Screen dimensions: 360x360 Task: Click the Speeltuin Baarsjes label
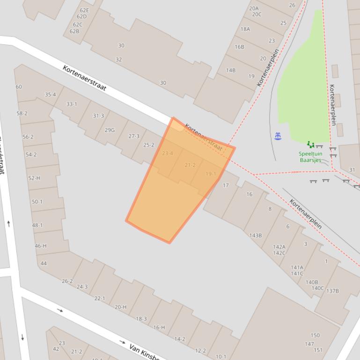pyautogui.click(x=310, y=157)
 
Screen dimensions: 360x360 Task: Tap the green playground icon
pyautogui.click(x=310, y=145)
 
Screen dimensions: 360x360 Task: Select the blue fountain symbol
pyautogui.click(x=278, y=136)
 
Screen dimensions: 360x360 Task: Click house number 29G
pyautogui.click(x=110, y=130)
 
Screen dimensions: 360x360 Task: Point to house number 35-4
pyautogui.click(x=50, y=94)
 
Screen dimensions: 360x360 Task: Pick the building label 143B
pyautogui.click(x=256, y=235)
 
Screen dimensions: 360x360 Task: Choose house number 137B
pyautogui.click(x=332, y=291)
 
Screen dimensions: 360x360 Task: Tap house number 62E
pyautogui.click(x=84, y=10)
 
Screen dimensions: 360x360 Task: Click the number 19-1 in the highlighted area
pyautogui.click(x=211, y=174)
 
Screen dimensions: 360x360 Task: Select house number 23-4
pyautogui.click(x=167, y=153)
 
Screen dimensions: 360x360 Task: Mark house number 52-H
pyautogui.click(x=34, y=178)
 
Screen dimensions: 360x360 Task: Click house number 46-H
pyautogui.click(x=41, y=246)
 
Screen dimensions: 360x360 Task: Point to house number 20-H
pyautogui.click(x=120, y=307)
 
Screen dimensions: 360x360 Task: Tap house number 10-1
pyautogui.click(x=220, y=356)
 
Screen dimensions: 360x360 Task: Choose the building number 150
pyautogui.click(x=315, y=335)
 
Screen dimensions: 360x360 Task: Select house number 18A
pyautogui.click(x=245, y=29)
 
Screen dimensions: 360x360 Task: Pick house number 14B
pyautogui.click(x=231, y=70)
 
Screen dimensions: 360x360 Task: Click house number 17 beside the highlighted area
pyautogui.click(x=226, y=185)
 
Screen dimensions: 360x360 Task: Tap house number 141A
pyautogui.click(x=297, y=267)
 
